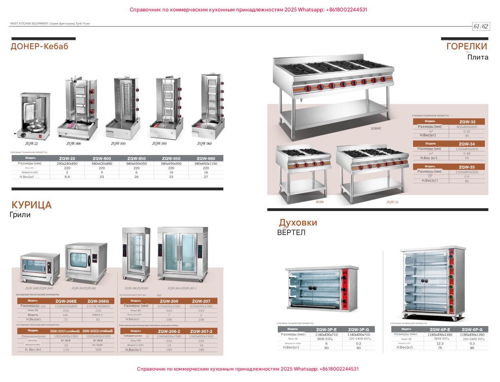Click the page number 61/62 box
(x=481, y=27)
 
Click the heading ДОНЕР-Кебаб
(x=40, y=47)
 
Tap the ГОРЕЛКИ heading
(x=467, y=47)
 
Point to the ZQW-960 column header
(x=206, y=158)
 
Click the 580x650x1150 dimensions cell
(x=206, y=163)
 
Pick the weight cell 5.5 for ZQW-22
(x=67, y=177)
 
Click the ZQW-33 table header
(x=467, y=122)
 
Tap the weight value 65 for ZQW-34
(x=467, y=158)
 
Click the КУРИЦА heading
(x=31, y=205)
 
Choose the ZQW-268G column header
(x=98, y=301)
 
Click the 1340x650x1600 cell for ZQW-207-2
(x=201, y=336)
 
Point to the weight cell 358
(x=98, y=350)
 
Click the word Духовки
(x=298, y=223)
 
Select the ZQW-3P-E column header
(x=326, y=329)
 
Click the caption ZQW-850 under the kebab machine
(x=118, y=144)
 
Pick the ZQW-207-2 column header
(x=201, y=331)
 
